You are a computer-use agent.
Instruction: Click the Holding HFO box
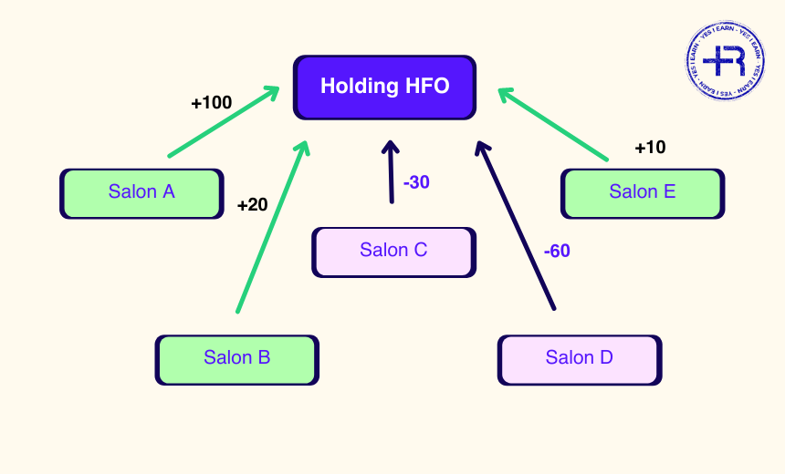(384, 87)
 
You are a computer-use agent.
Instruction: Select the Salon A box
(141, 192)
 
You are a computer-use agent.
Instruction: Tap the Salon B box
(236, 358)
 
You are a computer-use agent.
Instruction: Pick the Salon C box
(393, 251)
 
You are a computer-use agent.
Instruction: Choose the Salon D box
(579, 358)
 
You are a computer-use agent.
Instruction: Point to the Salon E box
(642, 192)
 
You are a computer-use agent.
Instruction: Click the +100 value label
(211, 103)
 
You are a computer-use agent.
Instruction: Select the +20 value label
(252, 205)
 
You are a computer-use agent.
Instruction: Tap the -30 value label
(416, 182)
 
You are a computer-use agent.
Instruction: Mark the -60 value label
(557, 251)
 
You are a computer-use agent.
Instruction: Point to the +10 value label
(650, 148)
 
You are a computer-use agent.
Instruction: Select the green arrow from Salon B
(269, 228)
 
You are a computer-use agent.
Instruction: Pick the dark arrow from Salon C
(392, 173)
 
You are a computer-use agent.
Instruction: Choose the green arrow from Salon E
(553, 124)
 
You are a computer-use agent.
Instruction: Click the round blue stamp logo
(725, 61)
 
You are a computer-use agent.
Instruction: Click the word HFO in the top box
(428, 87)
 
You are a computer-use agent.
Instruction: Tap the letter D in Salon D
(606, 358)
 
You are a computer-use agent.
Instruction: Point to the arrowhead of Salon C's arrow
(391, 148)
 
